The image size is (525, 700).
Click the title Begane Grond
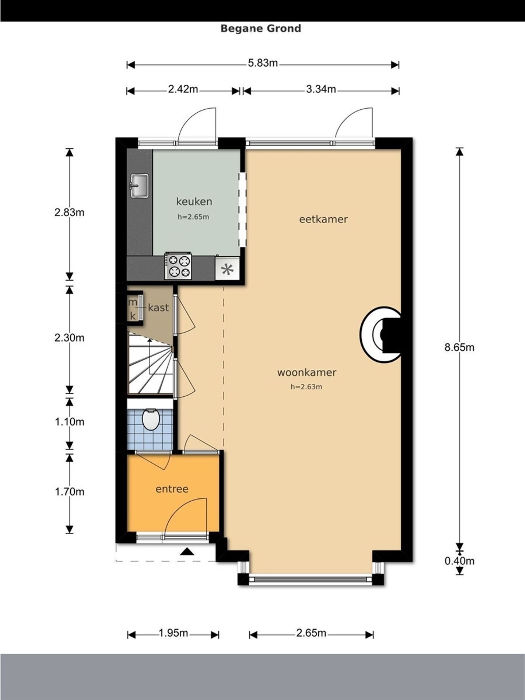click(x=261, y=28)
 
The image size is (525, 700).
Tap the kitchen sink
click(x=140, y=186)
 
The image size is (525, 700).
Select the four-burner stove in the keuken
click(x=178, y=266)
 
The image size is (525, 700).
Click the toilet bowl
click(x=151, y=420)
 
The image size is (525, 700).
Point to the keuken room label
click(x=194, y=201)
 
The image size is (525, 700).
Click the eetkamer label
click(x=323, y=219)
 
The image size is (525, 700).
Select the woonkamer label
click(x=307, y=372)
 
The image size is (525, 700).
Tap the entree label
click(x=172, y=489)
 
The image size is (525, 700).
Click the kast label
click(x=158, y=308)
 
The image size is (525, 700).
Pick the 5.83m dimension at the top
click(x=263, y=63)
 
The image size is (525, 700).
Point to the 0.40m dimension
click(x=459, y=561)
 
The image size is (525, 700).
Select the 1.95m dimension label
click(x=173, y=633)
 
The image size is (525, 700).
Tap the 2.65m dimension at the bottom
click(x=311, y=633)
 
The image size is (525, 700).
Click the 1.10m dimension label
click(x=69, y=422)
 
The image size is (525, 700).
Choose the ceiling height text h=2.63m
click(x=306, y=387)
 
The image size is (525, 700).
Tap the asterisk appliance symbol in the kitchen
click(x=227, y=270)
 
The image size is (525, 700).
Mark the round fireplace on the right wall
click(x=381, y=334)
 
